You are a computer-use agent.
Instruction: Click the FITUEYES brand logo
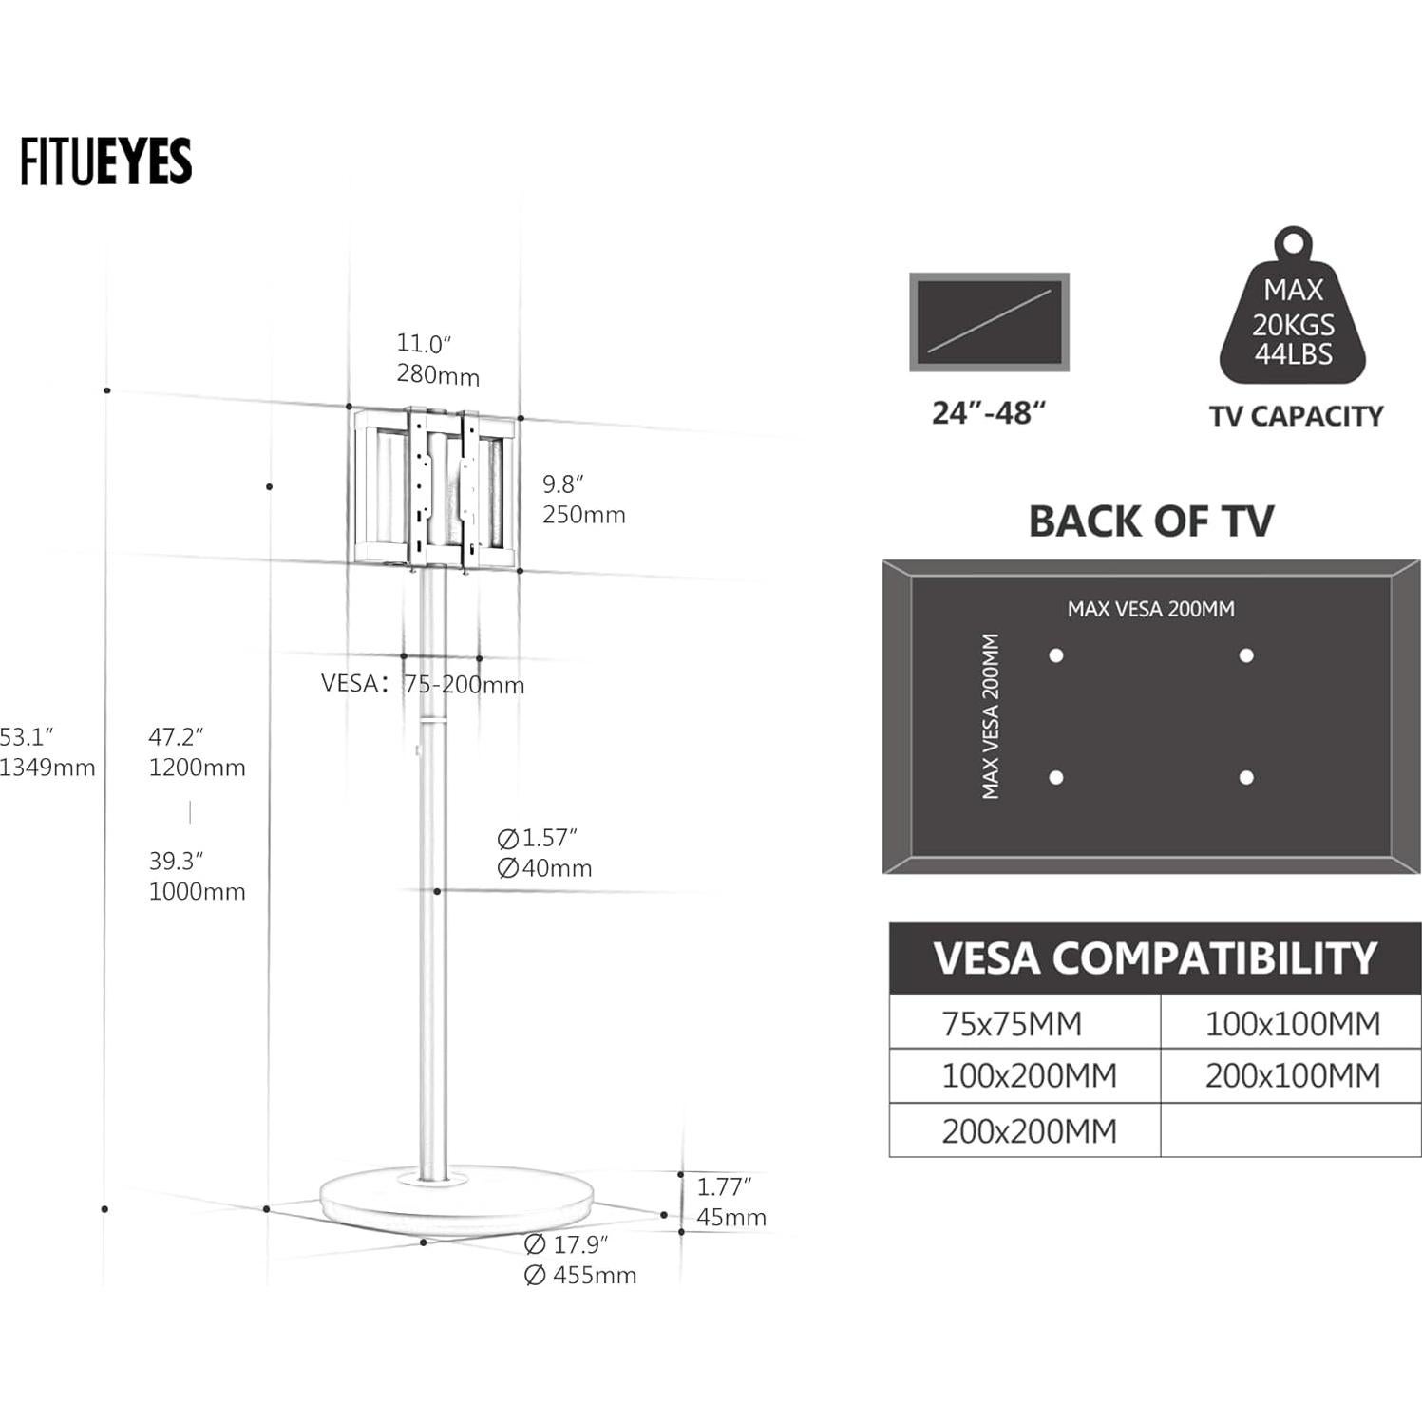(x=105, y=161)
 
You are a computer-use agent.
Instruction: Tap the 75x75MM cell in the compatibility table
(x=1012, y=1024)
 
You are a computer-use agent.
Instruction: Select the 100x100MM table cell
(x=1292, y=1024)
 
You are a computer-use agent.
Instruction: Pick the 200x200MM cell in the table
(x=1029, y=1131)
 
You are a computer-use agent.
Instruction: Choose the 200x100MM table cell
(x=1292, y=1076)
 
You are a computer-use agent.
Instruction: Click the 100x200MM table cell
(x=1029, y=1076)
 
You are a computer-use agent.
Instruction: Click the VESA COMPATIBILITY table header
(x=1154, y=958)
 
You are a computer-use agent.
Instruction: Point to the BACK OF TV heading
(x=1150, y=521)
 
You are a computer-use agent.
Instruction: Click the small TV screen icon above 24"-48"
(x=989, y=322)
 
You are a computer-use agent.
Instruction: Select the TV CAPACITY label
(x=1296, y=416)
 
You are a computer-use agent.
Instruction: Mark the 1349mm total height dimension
(x=47, y=768)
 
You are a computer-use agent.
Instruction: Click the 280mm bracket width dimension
(x=438, y=375)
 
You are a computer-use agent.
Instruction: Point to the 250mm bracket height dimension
(x=583, y=515)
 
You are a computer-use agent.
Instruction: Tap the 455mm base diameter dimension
(x=580, y=1275)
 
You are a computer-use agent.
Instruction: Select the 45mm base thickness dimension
(x=730, y=1218)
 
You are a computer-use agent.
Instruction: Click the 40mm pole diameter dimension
(x=544, y=868)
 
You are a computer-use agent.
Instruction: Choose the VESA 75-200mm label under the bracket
(x=423, y=684)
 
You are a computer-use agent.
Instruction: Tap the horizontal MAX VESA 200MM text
(x=1150, y=609)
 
